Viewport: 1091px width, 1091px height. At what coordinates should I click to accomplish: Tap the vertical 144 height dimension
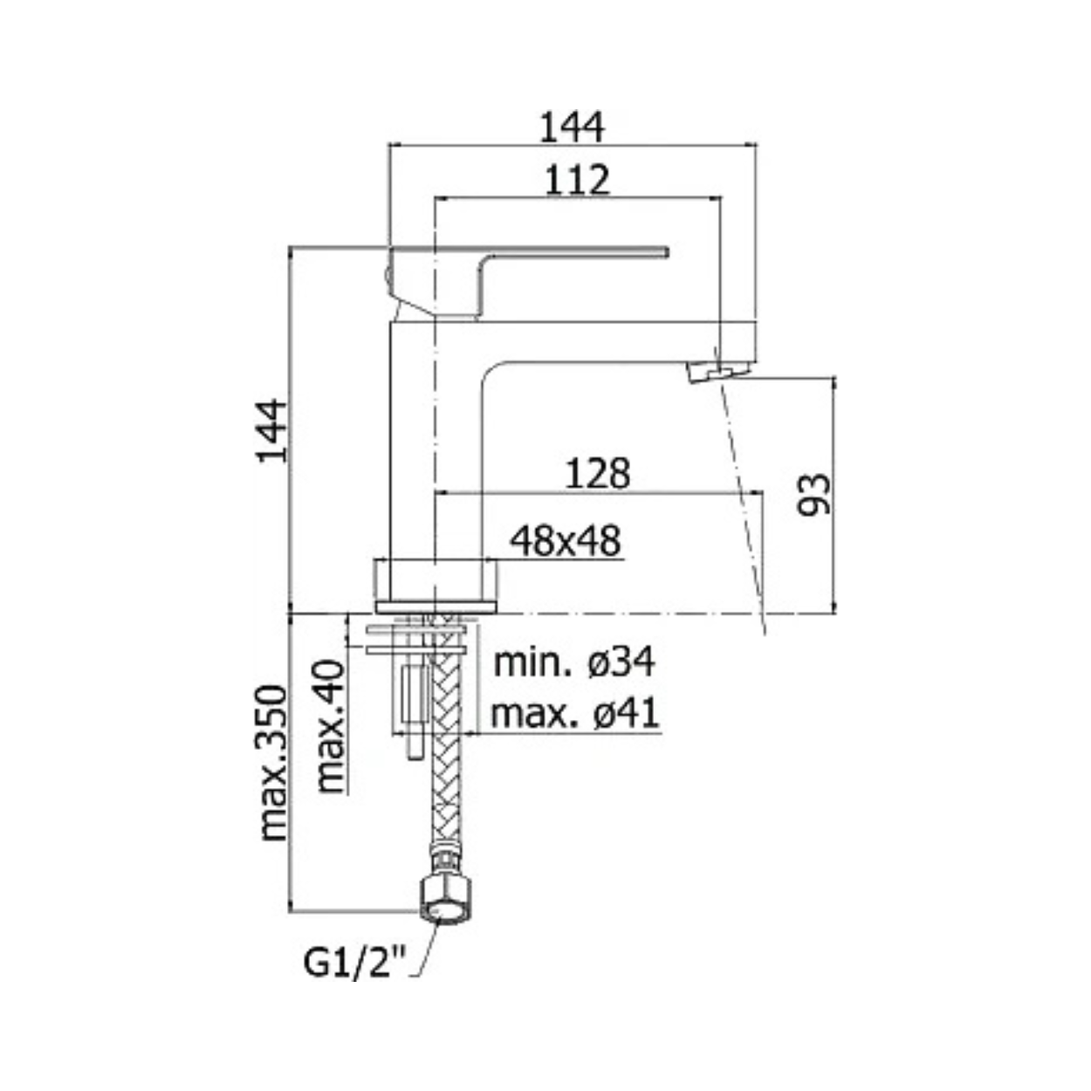coord(271,431)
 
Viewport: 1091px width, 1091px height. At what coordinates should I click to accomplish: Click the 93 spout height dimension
coord(813,495)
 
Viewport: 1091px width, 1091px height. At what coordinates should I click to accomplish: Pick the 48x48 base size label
coord(565,541)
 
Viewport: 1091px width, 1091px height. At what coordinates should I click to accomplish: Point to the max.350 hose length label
coord(273,771)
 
